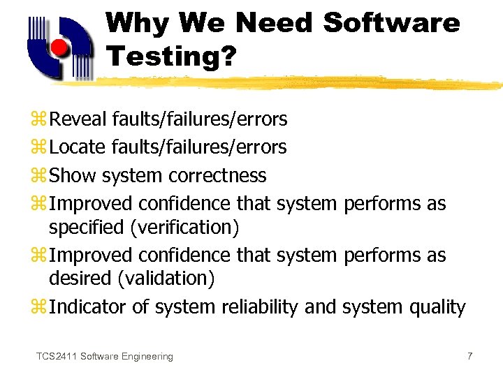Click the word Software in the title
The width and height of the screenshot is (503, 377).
pos(392,23)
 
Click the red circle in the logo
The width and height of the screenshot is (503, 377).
pos(59,48)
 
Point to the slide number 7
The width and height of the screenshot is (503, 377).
pos(469,356)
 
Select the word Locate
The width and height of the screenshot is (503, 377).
pos(78,147)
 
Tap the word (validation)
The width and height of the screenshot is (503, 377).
pos(166,278)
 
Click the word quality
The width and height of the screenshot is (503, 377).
pos(439,306)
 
